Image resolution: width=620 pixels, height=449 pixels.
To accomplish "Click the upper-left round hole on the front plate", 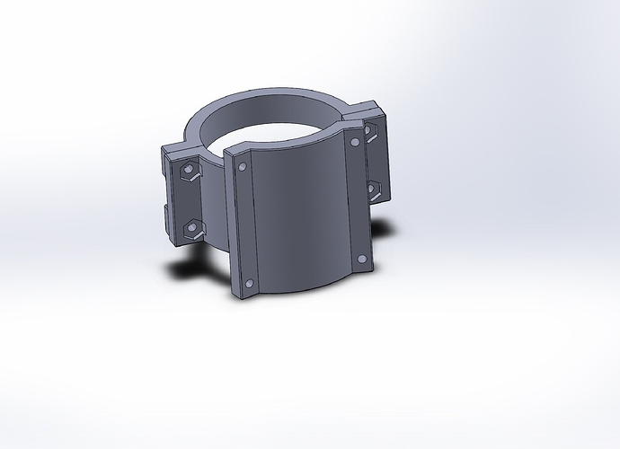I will (x=244, y=166).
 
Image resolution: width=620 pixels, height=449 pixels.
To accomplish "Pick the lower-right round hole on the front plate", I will (x=362, y=259).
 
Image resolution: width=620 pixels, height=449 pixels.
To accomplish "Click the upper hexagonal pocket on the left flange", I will (x=190, y=171).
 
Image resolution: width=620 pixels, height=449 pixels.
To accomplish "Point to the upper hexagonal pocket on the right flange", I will (x=369, y=136).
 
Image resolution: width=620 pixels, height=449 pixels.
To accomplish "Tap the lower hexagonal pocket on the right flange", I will (x=374, y=188).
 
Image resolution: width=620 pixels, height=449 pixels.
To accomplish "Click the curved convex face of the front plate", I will (x=301, y=216).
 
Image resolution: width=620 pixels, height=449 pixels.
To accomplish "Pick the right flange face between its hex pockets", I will (x=372, y=162).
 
